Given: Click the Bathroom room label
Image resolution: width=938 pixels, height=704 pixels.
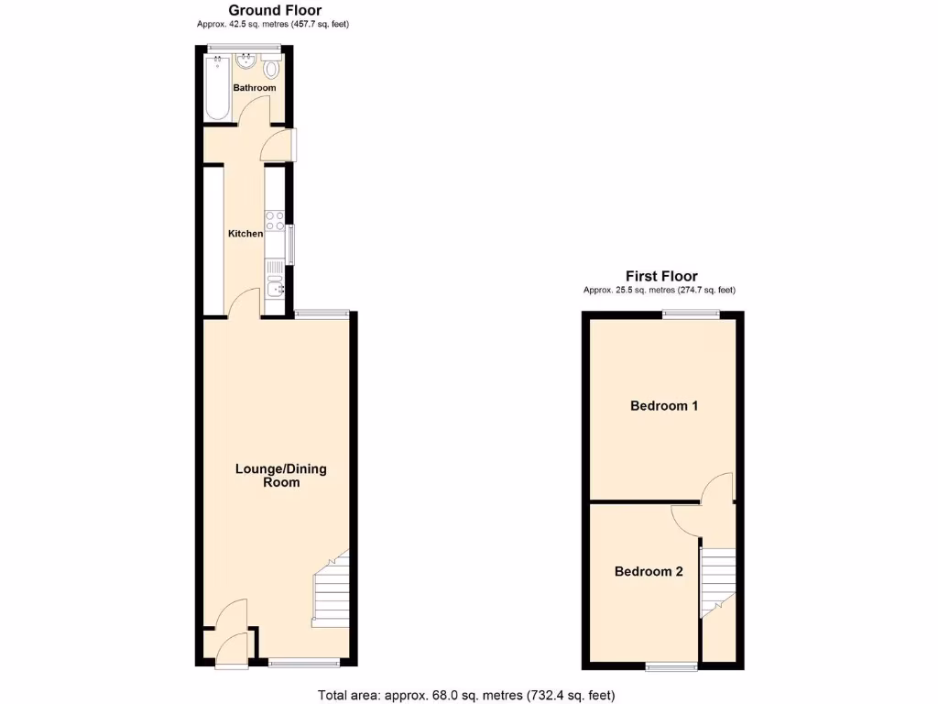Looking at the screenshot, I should [254, 88].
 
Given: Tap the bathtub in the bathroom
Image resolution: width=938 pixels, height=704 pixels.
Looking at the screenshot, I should [217, 88].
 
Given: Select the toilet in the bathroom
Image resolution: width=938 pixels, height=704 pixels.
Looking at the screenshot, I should [272, 70].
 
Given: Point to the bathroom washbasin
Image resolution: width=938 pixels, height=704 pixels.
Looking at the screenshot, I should [245, 62].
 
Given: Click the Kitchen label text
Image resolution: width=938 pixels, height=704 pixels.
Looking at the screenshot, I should [245, 234].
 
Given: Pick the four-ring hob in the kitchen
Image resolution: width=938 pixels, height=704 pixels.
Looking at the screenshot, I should [274, 220].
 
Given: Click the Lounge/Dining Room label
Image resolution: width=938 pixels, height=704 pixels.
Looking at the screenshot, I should [281, 475].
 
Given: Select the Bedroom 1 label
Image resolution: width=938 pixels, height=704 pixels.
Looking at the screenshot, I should [664, 405].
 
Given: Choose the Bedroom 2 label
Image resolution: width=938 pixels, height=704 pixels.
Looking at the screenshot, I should [649, 571].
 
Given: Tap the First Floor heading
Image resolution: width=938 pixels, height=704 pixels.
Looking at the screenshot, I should [661, 276].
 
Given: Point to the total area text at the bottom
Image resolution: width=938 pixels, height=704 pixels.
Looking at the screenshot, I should [466, 695].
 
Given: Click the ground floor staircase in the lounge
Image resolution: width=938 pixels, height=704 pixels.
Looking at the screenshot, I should [332, 591].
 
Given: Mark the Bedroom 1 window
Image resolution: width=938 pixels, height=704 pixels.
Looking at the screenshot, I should [691, 314].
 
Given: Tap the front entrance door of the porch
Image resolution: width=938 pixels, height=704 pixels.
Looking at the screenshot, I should [231, 650].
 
